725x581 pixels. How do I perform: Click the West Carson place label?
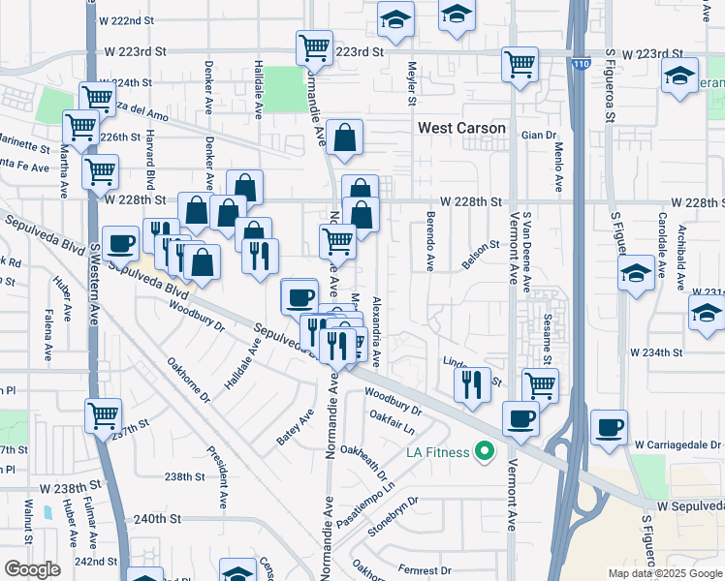(x=461, y=128)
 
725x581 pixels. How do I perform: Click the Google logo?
(x=32, y=569)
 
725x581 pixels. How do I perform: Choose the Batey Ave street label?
(x=295, y=427)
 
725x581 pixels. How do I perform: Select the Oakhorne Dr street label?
(x=188, y=381)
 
